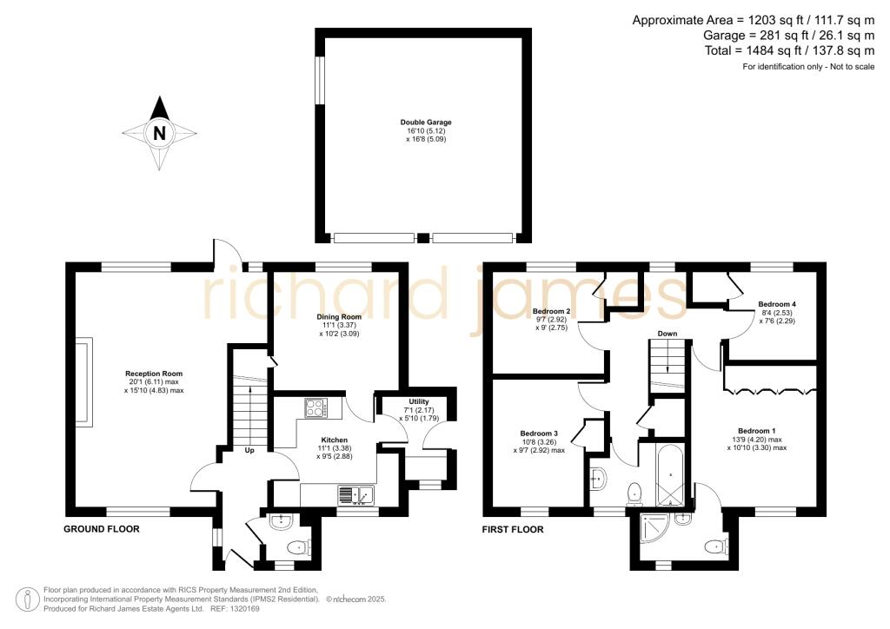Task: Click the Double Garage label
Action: tap(426, 122)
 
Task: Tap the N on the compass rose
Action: tap(159, 133)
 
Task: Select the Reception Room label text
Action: tap(154, 374)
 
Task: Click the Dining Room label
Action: tap(339, 292)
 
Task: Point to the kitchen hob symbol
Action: tap(315, 407)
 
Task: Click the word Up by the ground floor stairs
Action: tap(249, 451)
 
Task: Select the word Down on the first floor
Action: tap(667, 334)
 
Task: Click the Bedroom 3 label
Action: tap(538, 434)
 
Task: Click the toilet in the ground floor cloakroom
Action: tap(298, 547)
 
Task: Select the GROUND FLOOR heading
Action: tap(102, 528)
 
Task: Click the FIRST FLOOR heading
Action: tap(513, 529)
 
